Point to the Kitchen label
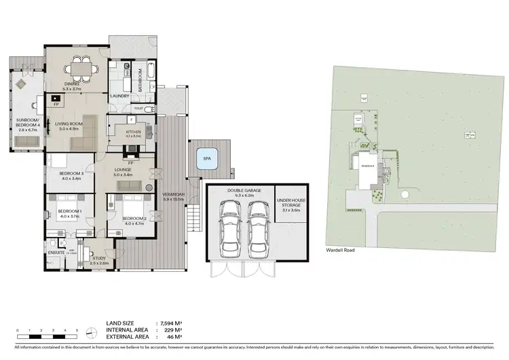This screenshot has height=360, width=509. click(x=132, y=133)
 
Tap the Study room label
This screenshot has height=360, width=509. click(x=99, y=260)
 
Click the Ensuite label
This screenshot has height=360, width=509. click(x=56, y=252)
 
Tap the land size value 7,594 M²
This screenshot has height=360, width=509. click(x=170, y=323)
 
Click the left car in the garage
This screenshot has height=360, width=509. click(x=229, y=228)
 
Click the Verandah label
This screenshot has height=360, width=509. click(x=169, y=197)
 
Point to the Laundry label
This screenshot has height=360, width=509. click(x=119, y=96)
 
